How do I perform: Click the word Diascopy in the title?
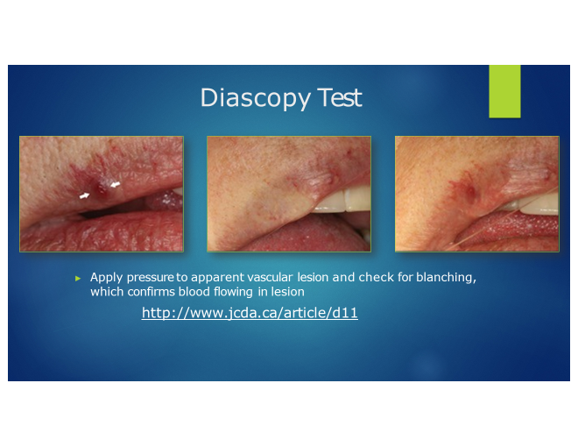(255, 98)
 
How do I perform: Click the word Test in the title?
(340, 98)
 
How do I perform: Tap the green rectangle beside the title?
(504, 91)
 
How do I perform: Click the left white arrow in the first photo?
(84, 195)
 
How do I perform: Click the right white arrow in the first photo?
(115, 184)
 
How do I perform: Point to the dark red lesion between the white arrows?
(101, 189)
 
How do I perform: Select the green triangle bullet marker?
(78, 278)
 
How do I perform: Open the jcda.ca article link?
(250, 313)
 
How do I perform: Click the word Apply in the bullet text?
(106, 278)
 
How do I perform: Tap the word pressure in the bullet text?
(150, 278)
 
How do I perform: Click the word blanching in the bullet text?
(446, 278)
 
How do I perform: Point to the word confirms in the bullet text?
(152, 292)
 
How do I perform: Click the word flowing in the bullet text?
(234, 293)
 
